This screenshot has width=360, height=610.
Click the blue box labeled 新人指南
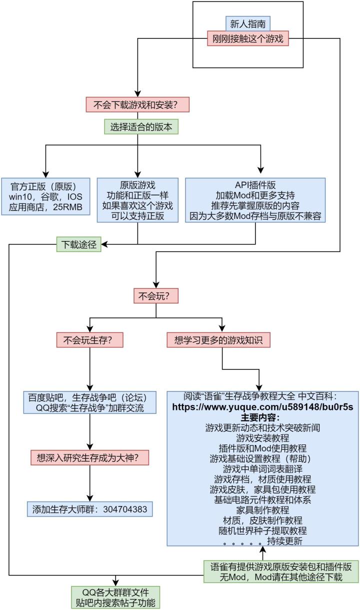(x=248, y=23)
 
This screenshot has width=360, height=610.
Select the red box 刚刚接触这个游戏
(x=248, y=38)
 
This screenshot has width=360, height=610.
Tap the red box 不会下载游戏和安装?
(x=138, y=105)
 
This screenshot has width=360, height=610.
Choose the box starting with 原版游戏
(x=137, y=200)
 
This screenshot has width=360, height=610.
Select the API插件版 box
(x=255, y=200)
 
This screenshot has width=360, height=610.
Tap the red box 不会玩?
(x=155, y=295)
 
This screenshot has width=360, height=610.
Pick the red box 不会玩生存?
(x=90, y=340)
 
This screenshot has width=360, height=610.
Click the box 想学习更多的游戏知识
(x=218, y=340)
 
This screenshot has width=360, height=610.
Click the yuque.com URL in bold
(x=262, y=407)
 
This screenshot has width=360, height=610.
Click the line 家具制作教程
(x=262, y=510)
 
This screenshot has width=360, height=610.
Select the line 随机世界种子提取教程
(x=262, y=530)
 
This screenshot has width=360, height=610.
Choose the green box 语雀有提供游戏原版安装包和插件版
(x=281, y=572)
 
